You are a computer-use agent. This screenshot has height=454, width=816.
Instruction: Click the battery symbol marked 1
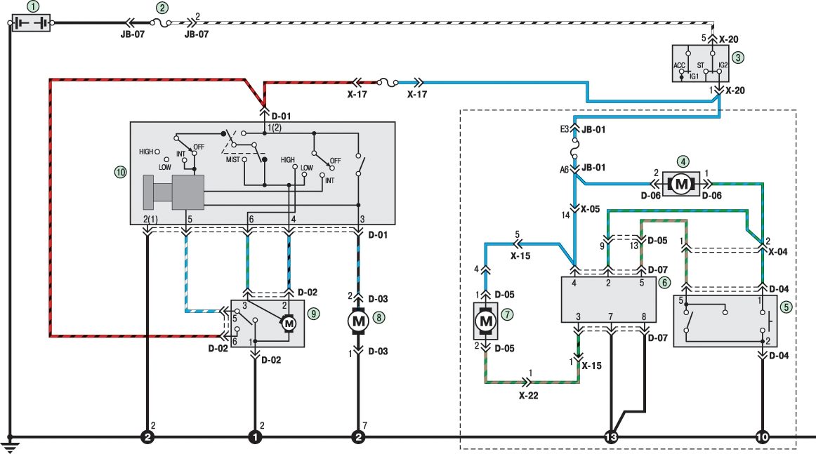[31, 23]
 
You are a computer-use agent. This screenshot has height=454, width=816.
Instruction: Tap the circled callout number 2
[162, 8]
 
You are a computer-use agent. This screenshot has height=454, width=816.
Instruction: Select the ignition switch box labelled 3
[700, 63]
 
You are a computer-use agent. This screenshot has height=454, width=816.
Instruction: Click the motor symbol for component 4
[680, 184]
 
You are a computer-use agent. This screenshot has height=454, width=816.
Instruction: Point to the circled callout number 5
[786, 307]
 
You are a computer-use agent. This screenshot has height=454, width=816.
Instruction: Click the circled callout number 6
[664, 282]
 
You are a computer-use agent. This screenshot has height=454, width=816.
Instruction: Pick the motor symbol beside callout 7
[485, 321]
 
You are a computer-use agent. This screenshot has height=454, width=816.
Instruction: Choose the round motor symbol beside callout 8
[358, 321]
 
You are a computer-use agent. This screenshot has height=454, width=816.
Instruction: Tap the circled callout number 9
[313, 314]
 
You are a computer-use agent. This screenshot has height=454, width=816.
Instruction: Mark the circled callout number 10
[120, 172]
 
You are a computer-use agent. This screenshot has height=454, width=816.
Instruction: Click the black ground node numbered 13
[611, 437]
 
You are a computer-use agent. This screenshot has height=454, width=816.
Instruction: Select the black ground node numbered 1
[255, 437]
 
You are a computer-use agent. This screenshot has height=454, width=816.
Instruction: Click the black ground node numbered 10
[762, 437]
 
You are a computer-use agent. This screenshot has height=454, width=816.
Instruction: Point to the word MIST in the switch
[232, 160]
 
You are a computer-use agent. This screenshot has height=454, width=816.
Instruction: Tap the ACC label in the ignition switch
[679, 65]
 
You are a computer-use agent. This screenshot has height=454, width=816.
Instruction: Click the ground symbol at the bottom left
[9, 445]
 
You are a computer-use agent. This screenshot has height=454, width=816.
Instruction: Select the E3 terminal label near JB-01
[565, 129]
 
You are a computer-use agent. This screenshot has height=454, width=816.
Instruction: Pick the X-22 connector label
[528, 396]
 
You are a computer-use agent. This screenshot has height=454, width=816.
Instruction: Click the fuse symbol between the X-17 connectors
[387, 82]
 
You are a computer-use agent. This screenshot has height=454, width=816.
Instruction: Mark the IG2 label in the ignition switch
[723, 65]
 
